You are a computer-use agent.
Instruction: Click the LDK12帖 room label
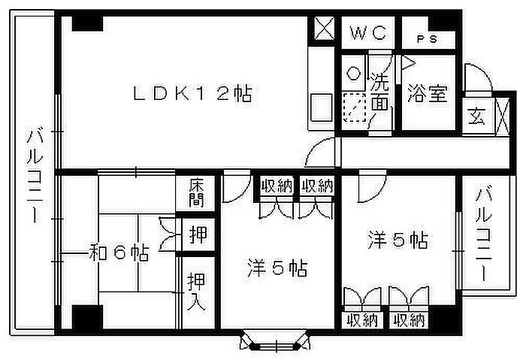click(192, 94)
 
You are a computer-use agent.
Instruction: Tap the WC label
click(368, 33)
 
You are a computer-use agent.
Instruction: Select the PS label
click(427, 39)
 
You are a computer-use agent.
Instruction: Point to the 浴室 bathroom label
click(428, 93)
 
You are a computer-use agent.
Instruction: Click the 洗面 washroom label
click(380, 92)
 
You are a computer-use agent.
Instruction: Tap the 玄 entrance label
click(477, 116)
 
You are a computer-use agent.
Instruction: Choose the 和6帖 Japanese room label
click(119, 253)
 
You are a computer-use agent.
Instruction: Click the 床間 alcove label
click(196, 193)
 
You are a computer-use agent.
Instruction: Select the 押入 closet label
click(196, 291)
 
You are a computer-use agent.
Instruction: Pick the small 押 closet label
click(198, 234)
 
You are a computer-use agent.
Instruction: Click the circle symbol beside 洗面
click(353, 73)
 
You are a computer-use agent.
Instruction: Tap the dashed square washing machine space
click(354, 107)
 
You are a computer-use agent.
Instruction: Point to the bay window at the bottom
click(275, 342)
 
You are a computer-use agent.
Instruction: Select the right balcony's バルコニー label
click(484, 234)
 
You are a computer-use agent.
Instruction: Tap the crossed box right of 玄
click(502, 116)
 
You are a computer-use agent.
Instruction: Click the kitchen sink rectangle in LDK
click(321, 107)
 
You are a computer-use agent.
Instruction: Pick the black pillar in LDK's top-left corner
click(88, 24)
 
